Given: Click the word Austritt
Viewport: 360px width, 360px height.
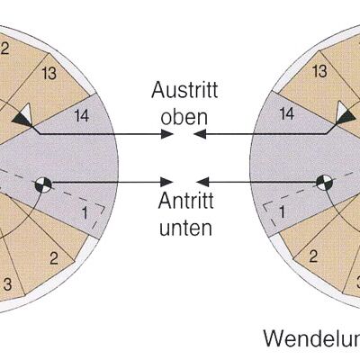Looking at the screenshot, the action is [184, 90].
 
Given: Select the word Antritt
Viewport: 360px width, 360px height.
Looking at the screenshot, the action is [186, 201].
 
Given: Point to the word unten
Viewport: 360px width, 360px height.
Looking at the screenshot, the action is [185, 227].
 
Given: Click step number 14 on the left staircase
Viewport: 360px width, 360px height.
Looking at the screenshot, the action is [82, 115].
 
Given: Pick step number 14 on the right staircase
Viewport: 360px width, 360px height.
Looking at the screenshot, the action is [286, 114].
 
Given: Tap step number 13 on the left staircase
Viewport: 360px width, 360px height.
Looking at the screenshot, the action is [49, 73].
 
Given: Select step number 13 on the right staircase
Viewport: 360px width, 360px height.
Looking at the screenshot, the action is [319, 71].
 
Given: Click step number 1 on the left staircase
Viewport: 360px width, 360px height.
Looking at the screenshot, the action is [85, 213].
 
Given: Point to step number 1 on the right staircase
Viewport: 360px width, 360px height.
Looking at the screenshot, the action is [282, 212].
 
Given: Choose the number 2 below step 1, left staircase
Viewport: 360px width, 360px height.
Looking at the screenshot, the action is [54, 258].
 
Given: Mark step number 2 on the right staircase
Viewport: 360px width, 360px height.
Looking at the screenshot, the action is [313, 256].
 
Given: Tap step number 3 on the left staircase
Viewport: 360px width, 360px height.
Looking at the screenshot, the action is [8, 284].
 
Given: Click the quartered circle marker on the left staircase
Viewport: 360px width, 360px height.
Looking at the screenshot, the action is [43, 184].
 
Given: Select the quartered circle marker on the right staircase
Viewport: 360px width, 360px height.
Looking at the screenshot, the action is [325, 183].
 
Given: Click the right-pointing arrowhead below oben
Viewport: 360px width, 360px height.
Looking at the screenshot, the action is [167, 134].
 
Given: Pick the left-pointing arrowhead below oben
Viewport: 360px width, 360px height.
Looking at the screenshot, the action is [200, 134].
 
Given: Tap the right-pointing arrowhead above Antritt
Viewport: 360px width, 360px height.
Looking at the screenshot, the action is [166, 182].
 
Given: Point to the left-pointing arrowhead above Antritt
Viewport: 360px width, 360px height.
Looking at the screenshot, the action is [202, 182].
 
